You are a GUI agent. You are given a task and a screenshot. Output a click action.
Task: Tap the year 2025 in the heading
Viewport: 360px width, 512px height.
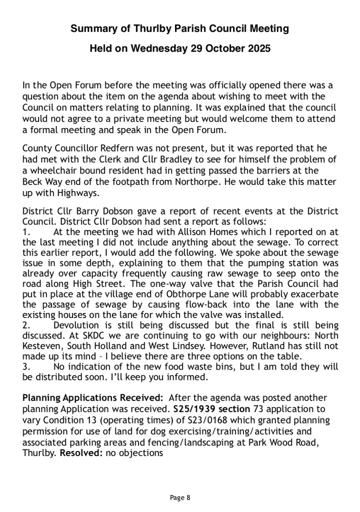[x=256, y=49]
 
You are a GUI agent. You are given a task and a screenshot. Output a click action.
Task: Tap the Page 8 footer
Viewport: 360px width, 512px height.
[x=180, y=497]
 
